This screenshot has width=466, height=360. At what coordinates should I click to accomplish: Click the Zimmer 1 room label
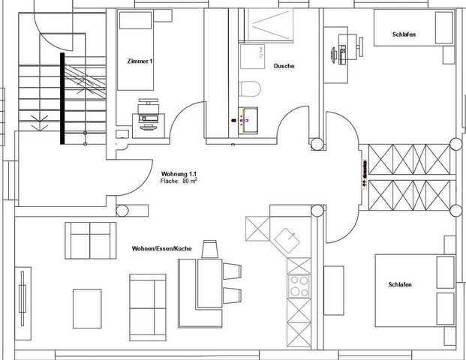pyautogui.click(x=141, y=61)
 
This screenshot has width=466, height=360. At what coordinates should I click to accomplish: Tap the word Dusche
pyautogui.click(x=284, y=66)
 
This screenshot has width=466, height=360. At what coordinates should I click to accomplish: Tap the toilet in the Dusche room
pyautogui.click(x=250, y=88)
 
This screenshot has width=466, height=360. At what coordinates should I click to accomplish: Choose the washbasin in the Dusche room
pyautogui.click(x=248, y=118)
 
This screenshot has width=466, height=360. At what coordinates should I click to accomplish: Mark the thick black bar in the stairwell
pyautogui.click(x=62, y=98)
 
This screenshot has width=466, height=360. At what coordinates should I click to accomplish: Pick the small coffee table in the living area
pyautogui.click(x=87, y=307)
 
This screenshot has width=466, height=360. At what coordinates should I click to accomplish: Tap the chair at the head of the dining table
pyautogui.click(x=209, y=248)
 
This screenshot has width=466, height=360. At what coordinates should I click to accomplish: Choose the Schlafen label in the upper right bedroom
pyautogui.click(x=404, y=35)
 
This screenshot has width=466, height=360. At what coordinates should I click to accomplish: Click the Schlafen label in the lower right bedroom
pyautogui.click(x=400, y=284)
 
